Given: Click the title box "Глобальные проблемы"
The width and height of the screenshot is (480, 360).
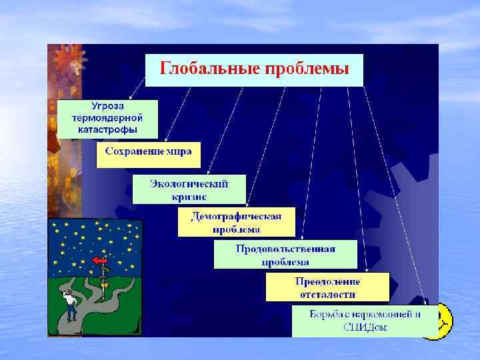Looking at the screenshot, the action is [254, 69].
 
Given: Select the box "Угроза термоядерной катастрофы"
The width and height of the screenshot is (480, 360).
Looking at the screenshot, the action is [107, 119].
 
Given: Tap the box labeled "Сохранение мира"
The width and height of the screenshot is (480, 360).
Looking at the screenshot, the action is [148, 153].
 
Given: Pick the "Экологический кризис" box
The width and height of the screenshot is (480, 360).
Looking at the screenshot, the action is [189, 189].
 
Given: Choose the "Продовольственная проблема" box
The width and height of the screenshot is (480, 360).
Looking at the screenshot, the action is [285, 255].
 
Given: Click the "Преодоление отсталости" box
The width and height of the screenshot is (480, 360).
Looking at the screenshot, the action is [327, 287].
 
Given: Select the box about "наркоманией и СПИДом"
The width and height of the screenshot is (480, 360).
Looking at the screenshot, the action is [365, 321].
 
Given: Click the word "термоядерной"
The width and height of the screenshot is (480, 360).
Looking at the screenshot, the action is [107, 118].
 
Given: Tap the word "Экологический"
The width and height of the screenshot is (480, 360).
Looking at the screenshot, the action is [189, 183].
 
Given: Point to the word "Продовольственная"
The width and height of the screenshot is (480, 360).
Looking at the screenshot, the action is [285, 249].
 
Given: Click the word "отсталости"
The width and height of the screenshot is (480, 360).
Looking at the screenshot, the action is [327, 294].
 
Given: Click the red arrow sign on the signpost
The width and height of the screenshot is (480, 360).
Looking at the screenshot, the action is [100, 261].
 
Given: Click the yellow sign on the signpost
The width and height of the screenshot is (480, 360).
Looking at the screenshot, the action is [104, 283].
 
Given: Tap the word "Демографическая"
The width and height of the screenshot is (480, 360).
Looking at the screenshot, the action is [236, 217].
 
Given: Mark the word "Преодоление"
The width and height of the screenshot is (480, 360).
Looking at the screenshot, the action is [327, 281].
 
